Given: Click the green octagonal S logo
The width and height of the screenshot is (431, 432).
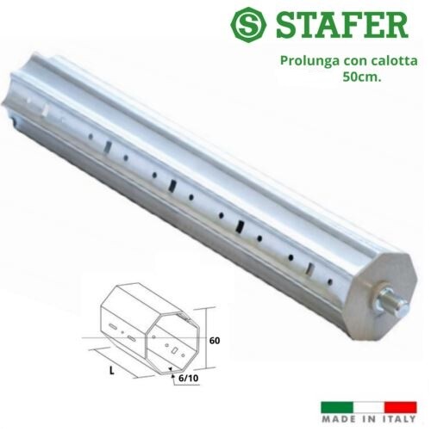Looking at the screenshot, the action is coord(248,25).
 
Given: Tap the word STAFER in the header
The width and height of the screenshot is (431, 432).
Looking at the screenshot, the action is coord(342,25).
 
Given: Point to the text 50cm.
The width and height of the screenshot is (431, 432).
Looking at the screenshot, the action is coord(362,77).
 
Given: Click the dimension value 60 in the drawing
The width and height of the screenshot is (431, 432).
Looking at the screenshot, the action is coord(215,341).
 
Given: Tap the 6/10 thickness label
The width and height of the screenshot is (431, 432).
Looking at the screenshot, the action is coord(188,379).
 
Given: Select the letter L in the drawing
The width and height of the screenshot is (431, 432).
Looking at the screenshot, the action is coord(112,371).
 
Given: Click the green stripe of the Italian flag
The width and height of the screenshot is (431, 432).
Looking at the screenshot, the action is coord(337,407).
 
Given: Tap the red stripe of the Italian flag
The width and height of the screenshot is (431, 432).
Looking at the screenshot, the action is coord(401,407).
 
